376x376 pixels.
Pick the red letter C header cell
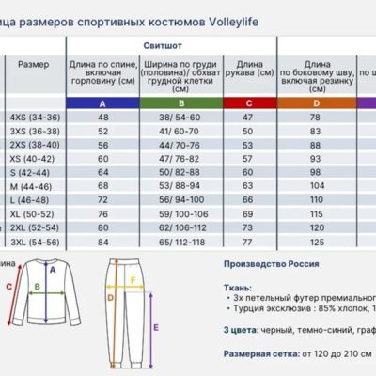pyautogui.click(x=248, y=102)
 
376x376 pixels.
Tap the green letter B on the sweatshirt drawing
pyautogui.click(x=36, y=291)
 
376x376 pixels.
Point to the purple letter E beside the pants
pyautogui.click(x=154, y=328)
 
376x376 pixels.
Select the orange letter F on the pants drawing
pyautogui.click(x=133, y=279)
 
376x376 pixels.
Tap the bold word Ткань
pyautogui.click(x=237, y=287)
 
